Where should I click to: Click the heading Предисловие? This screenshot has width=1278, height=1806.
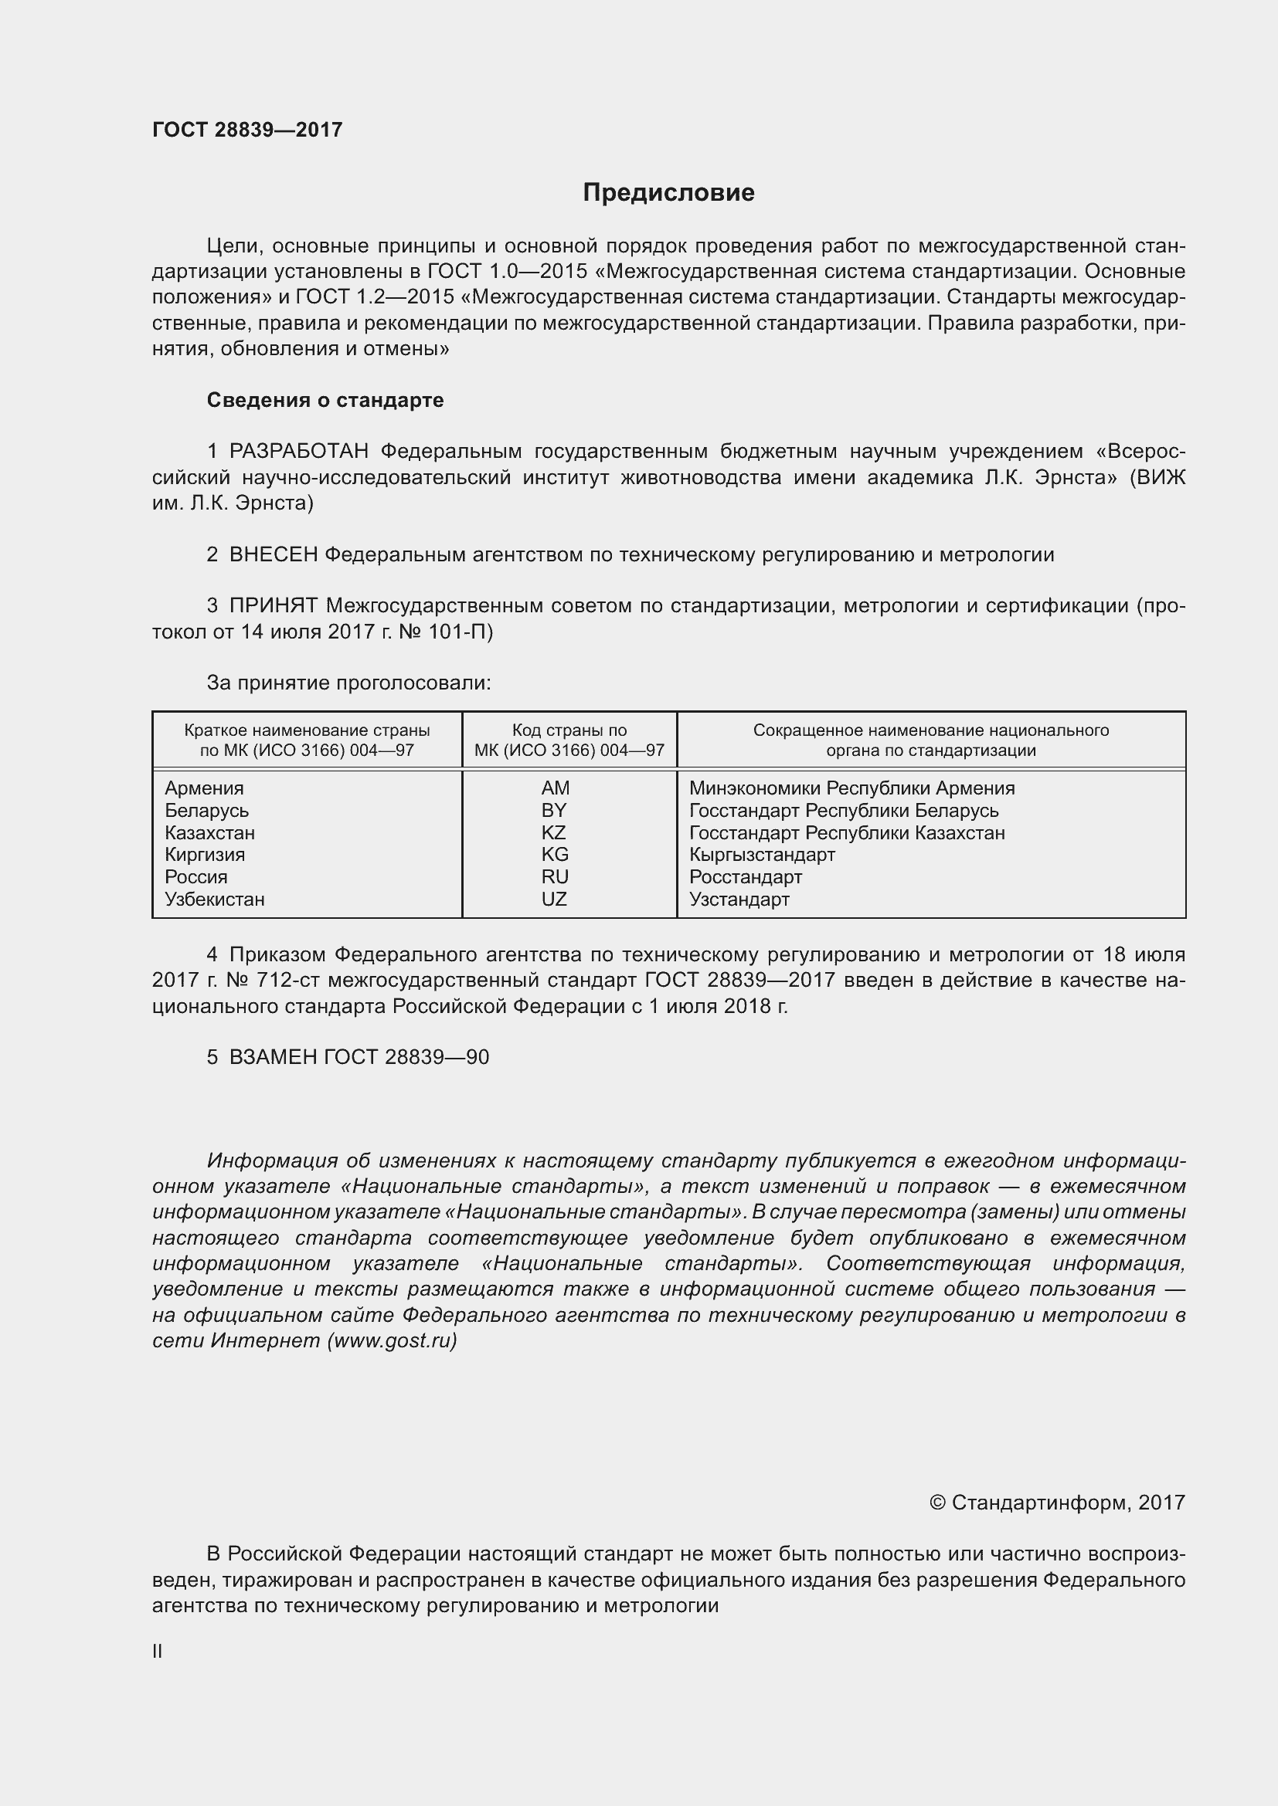point(668,193)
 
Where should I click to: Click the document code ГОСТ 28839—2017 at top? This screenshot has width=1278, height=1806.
point(247,130)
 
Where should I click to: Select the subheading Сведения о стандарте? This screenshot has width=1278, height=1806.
point(325,401)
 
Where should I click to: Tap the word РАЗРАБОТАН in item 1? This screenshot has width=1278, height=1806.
point(299,452)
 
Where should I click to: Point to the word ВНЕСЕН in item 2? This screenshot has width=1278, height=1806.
point(273,554)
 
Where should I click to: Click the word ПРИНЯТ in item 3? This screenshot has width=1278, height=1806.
point(273,605)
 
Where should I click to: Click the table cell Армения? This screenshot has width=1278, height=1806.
point(204,788)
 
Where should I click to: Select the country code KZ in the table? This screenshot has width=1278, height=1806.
point(553,832)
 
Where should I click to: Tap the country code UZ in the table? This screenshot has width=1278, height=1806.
point(553,899)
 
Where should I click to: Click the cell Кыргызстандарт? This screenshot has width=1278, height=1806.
point(762,854)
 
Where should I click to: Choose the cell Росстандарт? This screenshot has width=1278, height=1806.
point(745,877)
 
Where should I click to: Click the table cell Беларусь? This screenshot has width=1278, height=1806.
point(206,810)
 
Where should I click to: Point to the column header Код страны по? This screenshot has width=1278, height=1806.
point(569,730)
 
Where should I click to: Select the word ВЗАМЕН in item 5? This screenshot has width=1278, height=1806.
point(272,1057)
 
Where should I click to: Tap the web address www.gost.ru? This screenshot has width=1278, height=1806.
point(393,1340)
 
